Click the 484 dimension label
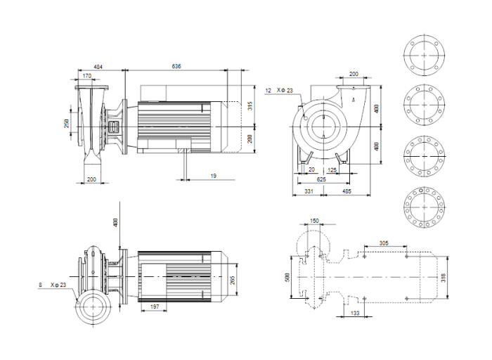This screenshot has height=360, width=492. point(98,66)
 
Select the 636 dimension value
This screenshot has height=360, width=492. point(176,66)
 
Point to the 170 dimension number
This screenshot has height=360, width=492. point(87,75)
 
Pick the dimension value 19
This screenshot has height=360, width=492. point(212,176)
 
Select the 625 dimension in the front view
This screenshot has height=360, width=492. point(322,179)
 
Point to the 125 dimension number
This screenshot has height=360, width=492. point(332,169)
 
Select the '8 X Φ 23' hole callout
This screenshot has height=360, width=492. point(53,285)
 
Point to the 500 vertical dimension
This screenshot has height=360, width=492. point(287,278)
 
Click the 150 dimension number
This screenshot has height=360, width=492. point(314,221)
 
